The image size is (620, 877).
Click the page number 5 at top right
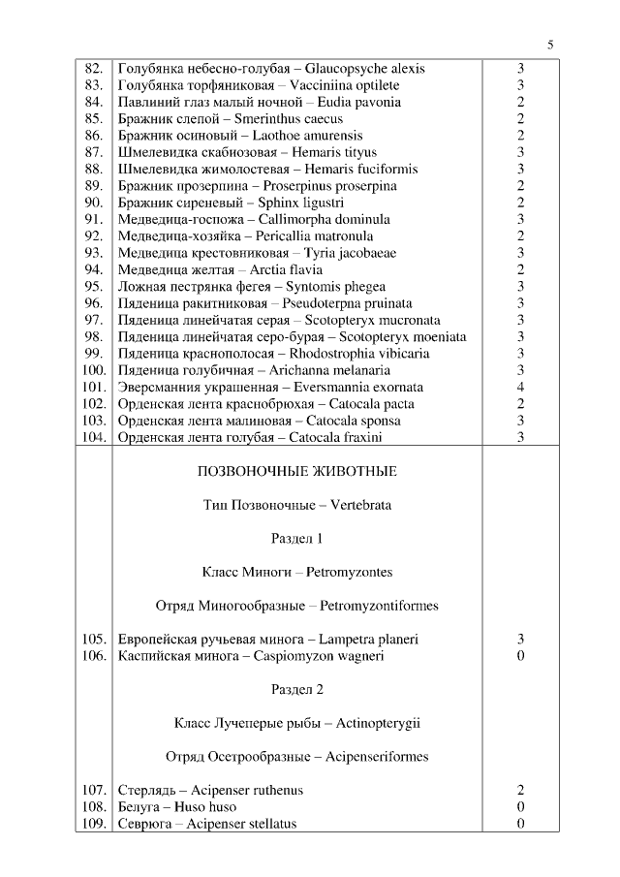[550, 45]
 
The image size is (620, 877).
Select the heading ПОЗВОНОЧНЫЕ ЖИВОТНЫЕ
[296, 472]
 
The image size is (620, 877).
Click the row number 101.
[94, 387]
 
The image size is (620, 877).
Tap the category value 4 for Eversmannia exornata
[520, 387]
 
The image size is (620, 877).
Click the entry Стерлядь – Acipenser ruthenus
[210, 790]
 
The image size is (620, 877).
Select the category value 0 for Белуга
[520, 806]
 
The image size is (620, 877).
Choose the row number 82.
[95, 69]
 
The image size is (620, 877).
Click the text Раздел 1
[296, 539]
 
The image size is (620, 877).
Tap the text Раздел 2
[296, 690]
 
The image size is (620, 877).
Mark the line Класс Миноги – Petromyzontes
[296, 572]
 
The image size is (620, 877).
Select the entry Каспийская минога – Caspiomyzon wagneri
[250, 656]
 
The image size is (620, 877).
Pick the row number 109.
[94, 824]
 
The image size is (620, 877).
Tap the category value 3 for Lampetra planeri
[520, 640]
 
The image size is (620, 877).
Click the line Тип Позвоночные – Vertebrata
[296, 505]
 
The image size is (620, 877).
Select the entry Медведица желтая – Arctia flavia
[220, 269]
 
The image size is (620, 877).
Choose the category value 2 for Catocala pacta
[520, 404]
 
